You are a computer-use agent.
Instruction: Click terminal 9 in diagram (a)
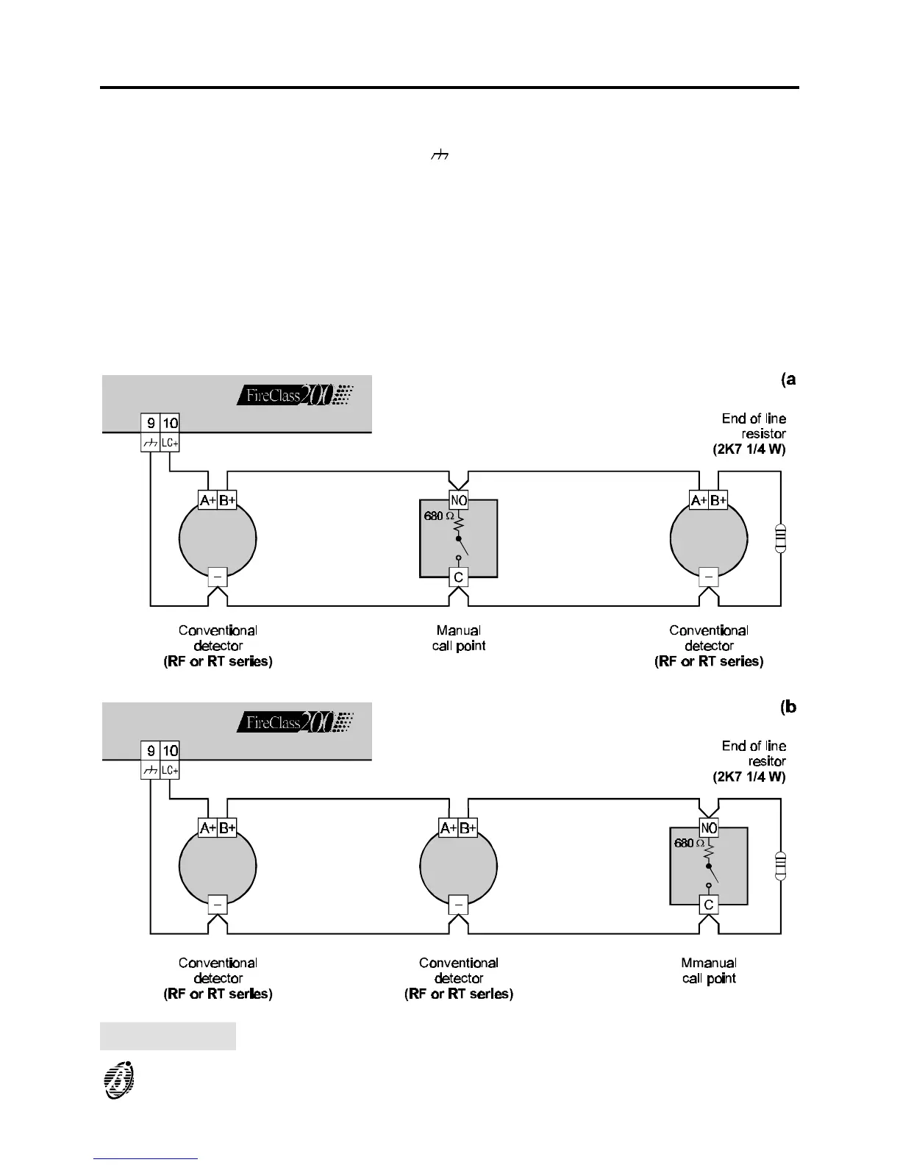pos(151,423)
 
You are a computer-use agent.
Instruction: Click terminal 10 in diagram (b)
pos(170,751)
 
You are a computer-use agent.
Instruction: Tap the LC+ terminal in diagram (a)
pos(170,443)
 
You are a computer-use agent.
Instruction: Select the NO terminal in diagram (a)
pos(459,500)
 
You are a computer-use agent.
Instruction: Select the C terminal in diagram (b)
pos(709,905)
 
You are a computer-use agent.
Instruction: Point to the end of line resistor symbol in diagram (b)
pos(781,866)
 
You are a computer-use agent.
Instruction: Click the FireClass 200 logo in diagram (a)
pos(295,395)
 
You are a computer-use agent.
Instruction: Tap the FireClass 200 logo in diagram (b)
pos(295,722)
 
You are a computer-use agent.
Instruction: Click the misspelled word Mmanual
pos(709,963)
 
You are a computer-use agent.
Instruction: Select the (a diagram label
pos(788,380)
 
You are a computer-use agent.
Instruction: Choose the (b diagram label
pos(788,707)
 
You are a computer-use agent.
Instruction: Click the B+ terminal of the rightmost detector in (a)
pos(718,500)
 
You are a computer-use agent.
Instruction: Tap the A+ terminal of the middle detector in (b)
pos(449,828)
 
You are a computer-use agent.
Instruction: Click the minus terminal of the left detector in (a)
pos(218,577)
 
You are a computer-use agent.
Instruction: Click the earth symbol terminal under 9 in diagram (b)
pos(151,771)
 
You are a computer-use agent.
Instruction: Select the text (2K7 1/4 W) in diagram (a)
pos(749,449)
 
